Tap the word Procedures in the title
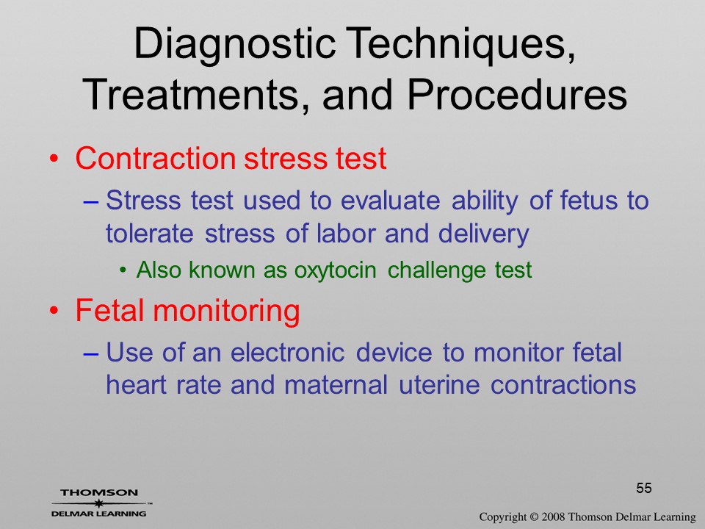(517, 96)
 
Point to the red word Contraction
(156, 159)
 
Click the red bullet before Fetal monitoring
(54, 311)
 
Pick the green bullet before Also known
(123, 270)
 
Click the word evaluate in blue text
(390, 201)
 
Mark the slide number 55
(644, 488)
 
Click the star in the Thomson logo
(98, 503)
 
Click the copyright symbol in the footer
(534, 517)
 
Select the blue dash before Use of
(91, 353)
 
